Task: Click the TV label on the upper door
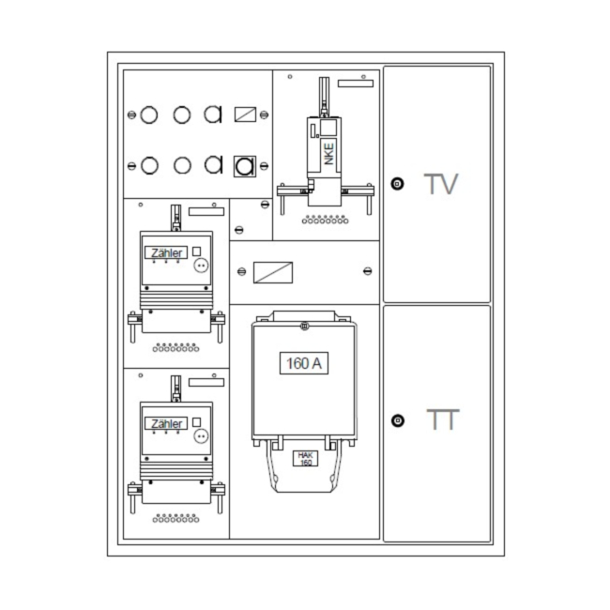(x=441, y=184)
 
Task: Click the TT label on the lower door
(x=443, y=419)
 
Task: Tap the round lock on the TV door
(x=397, y=184)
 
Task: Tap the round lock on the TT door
(x=398, y=420)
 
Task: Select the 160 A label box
(x=304, y=363)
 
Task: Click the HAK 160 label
(x=305, y=458)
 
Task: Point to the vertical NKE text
(x=328, y=154)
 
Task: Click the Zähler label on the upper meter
(x=166, y=252)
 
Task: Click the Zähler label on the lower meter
(x=166, y=423)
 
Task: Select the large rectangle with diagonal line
(x=273, y=272)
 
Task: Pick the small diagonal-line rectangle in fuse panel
(x=245, y=114)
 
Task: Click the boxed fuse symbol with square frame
(x=245, y=166)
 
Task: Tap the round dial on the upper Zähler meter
(x=201, y=266)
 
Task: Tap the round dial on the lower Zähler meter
(x=201, y=436)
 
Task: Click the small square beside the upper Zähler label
(x=197, y=252)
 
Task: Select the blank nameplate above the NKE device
(x=356, y=84)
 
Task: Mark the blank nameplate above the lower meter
(x=206, y=382)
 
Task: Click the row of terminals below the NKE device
(x=326, y=220)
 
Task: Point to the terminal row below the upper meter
(x=175, y=347)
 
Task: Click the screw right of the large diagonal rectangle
(x=367, y=271)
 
